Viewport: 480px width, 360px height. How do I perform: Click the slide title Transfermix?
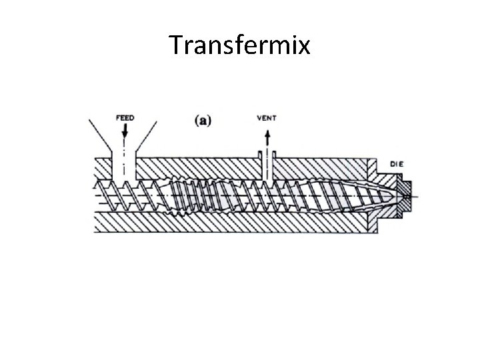(239, 45)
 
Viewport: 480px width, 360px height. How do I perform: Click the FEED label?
(125, 118)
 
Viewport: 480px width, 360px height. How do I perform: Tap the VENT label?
(266, 119)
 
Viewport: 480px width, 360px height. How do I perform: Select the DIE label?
(397, 164)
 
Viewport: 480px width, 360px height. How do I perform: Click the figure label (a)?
(202, 120)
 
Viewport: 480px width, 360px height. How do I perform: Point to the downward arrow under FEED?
(125, 133)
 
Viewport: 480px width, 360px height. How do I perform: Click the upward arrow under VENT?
(267, 138)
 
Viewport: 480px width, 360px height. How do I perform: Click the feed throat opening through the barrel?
(125, 167)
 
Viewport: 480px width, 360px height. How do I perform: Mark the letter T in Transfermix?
(177, 45)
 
